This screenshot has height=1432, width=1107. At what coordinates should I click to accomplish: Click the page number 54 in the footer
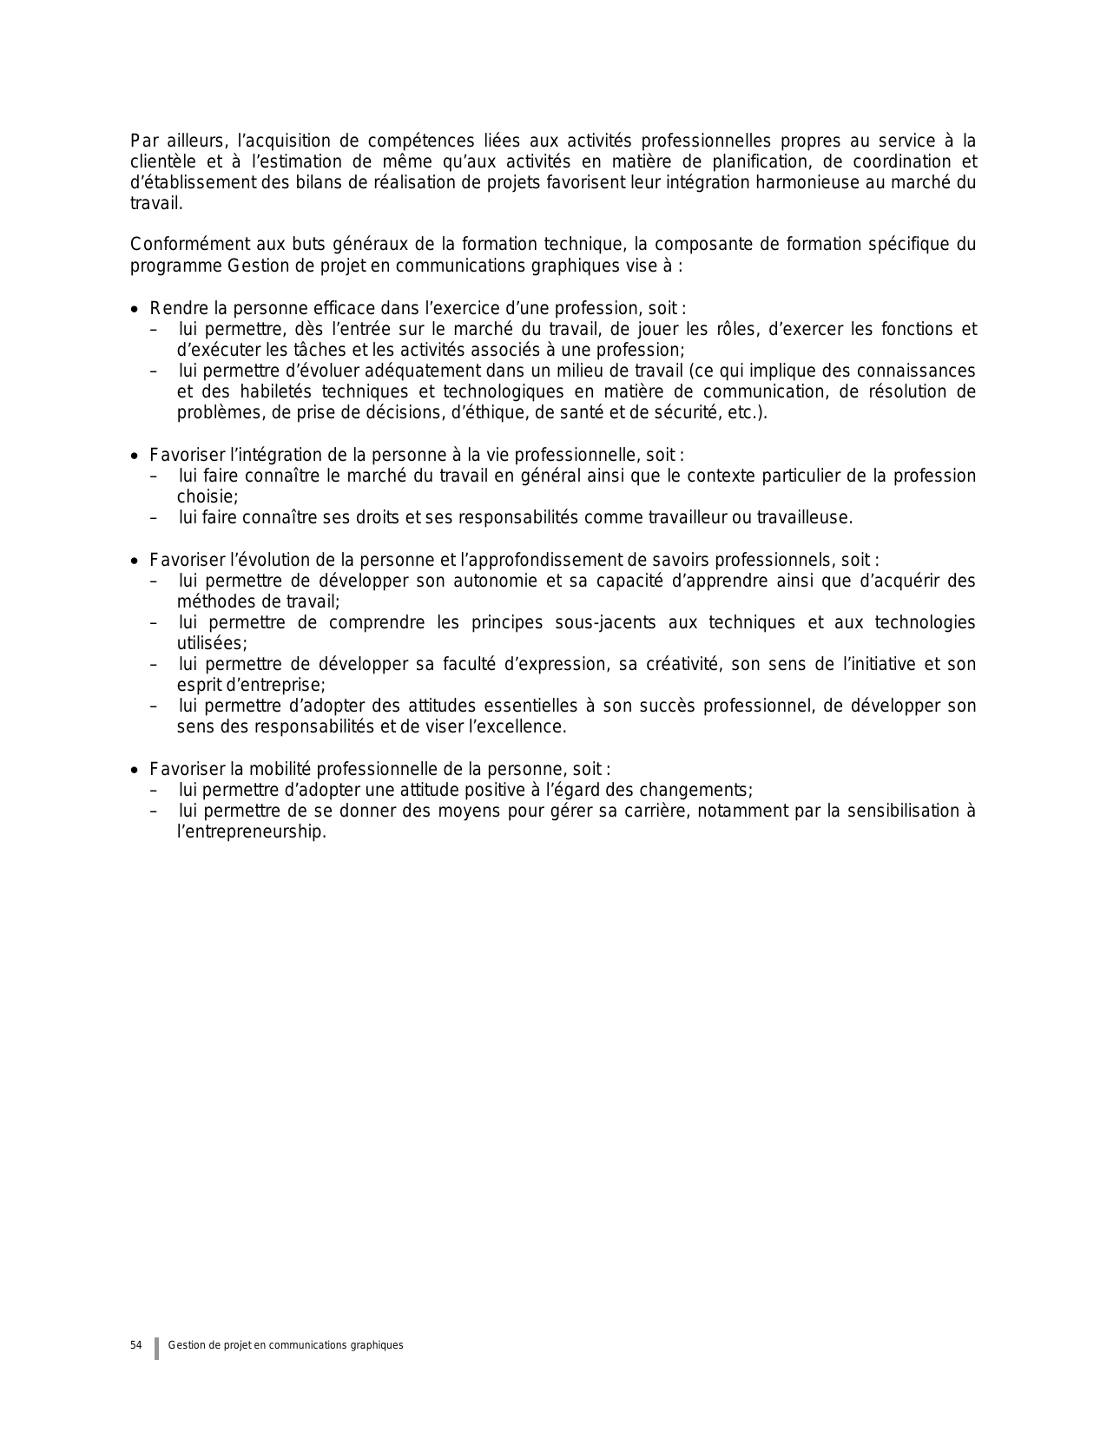(x=135, y=1345)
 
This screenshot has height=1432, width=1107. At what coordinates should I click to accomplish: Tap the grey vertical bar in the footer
(x=157, y=1348)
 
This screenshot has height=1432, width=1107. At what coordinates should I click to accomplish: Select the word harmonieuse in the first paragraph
(x=830, y=182)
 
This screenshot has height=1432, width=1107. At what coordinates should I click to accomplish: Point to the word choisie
(x=206, y=496)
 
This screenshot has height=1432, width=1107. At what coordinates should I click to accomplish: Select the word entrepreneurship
(x=252, y=831)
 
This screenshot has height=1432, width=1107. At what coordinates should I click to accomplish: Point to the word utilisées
(x=211, y=643)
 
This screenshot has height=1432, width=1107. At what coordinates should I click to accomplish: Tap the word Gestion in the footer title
(x=184, y=1345)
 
